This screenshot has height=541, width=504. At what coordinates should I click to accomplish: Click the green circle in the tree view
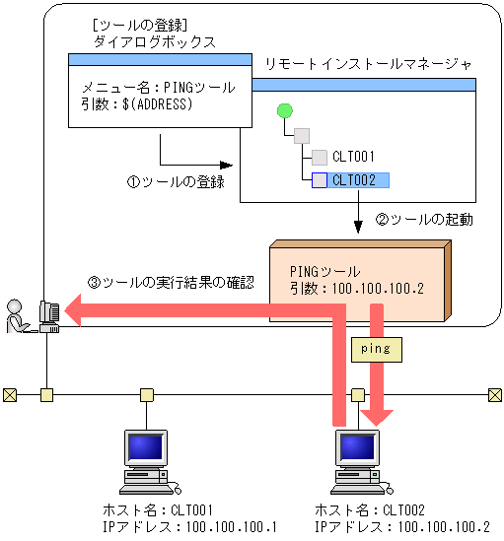[x=286, y=110]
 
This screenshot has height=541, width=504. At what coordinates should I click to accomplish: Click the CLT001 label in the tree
[x=353, y=157]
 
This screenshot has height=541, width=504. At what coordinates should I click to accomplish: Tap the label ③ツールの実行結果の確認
[x=171, y=282]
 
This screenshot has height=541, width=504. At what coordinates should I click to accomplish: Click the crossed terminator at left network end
[x=10, y=395]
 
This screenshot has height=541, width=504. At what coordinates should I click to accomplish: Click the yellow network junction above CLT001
[x=146, y=395]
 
